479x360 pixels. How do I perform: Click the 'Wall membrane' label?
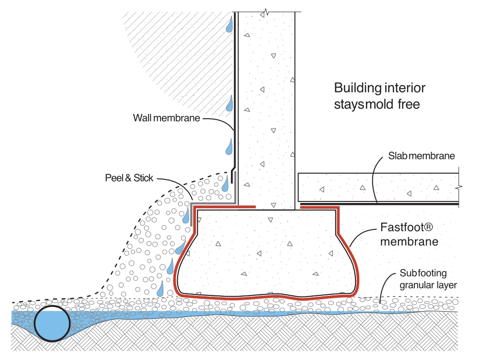[167, 118]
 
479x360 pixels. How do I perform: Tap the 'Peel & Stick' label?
[129, 178]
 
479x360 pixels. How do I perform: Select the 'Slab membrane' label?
[422, 156]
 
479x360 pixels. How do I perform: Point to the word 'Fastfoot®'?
[407, 227]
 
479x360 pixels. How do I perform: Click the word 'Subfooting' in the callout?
[423, 273]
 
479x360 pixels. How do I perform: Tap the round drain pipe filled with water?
[52, 323]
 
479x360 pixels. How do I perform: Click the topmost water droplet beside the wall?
[229, 24]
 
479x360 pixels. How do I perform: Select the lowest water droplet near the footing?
[160, 288]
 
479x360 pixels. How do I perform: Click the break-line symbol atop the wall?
[267, 12]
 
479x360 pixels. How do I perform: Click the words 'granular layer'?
[428, 285]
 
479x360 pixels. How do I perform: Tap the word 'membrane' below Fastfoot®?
[410, 242]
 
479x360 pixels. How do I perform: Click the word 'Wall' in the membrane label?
[142, 118]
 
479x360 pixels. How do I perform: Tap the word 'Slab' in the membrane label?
[398, 156]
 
